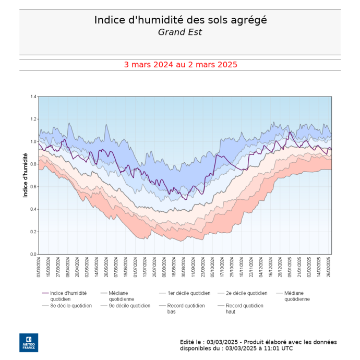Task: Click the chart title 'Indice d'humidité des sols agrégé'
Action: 180,20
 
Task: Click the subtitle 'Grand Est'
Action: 180,32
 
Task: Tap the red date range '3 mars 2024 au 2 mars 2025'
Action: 180,65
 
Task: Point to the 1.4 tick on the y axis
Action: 33,97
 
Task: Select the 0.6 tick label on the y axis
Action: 33,187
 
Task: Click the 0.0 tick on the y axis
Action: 33,254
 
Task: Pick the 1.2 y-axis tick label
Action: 33,119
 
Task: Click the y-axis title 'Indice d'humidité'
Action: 25,175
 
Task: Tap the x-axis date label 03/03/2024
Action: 39,268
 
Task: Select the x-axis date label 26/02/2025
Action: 328,268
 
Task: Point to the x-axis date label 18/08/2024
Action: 174,268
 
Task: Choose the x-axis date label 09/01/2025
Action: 290,268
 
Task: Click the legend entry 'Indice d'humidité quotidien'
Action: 68,296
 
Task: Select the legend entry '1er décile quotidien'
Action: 188,293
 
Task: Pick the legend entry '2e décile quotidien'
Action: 246,293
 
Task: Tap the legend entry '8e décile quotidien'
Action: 71,306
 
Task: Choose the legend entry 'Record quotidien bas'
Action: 186,308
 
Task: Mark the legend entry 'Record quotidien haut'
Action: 244,308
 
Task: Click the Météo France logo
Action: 29,342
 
